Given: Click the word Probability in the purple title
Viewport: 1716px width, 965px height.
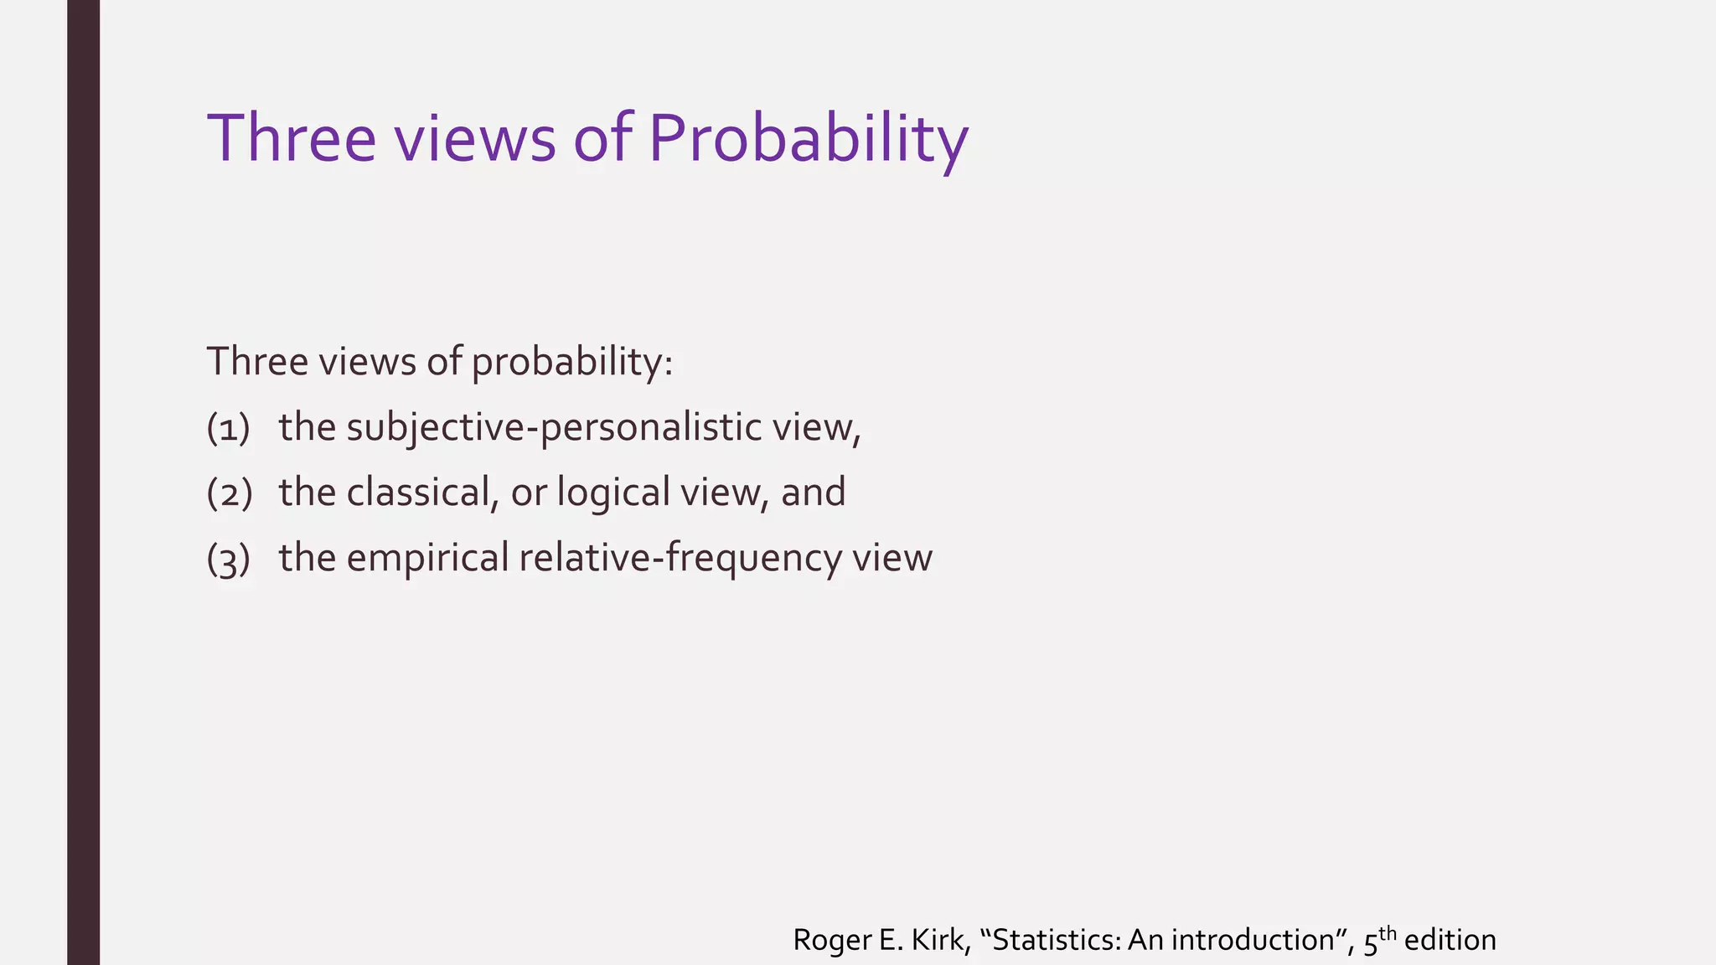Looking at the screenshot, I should tap(808, 139).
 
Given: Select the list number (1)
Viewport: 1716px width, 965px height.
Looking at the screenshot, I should tap(229, 427).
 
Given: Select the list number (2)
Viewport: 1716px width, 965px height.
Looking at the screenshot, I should tap(229, 493).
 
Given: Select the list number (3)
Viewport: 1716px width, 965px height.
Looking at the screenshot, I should tap(229, 559).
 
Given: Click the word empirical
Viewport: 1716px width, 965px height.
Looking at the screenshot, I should tap(427, 559).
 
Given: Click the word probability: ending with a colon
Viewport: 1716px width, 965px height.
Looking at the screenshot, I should tap(571, 363).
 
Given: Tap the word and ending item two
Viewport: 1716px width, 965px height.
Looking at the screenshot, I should tap(813, 492).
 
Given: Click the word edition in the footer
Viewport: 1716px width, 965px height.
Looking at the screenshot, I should tap(1450, 940).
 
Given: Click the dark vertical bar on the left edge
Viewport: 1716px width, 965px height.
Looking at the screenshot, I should tap(83, 482).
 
